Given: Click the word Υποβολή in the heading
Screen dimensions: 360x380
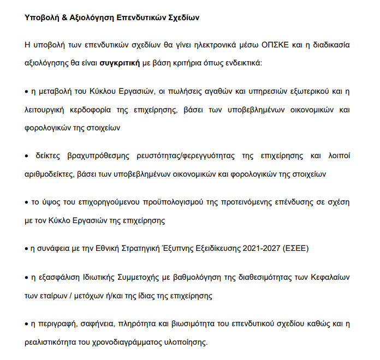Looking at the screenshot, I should [x=42, y=17].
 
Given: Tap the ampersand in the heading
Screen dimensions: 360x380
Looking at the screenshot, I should [x=66, y=17].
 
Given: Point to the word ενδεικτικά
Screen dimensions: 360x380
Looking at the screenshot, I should [x=242, y=63].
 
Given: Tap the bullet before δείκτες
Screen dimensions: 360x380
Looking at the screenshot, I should [x=27, y=155].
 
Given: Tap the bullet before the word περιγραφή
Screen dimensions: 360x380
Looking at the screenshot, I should [x=27, y=324].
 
